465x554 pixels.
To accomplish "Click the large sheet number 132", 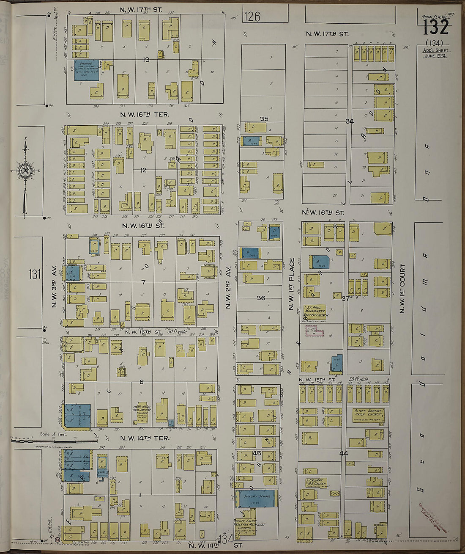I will tap(436, 28).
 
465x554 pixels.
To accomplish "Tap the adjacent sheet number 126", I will tap(252, 17).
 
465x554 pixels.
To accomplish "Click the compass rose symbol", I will tap(25, 171).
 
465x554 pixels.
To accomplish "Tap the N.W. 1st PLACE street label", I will tap(291, 284).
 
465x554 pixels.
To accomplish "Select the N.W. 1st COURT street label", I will tap(402, 289).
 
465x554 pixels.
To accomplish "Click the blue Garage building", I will tap(87, 70).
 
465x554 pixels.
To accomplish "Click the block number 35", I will tap(264, 119).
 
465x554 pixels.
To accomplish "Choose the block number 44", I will tap(343, 453).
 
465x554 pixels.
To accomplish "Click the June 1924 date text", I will tap(435, 55).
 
